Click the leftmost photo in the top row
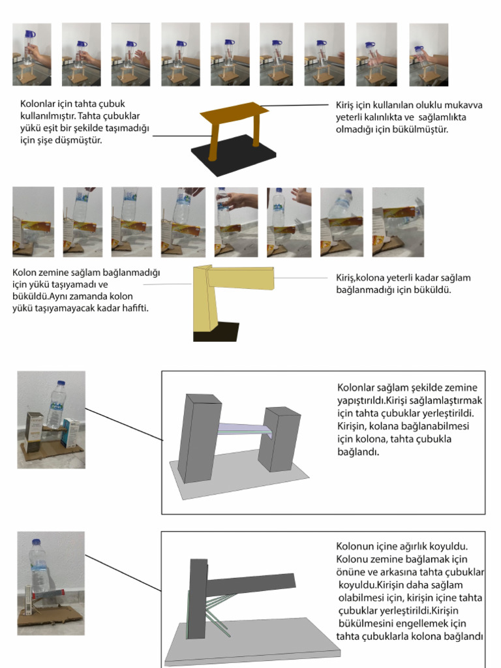(x=31, y=55)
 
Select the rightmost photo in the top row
(x=429, y=55)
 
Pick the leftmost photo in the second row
(x=33, y=222)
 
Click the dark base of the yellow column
(x=215, y=331)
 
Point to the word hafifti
(x=132, y=308)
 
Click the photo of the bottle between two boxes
(x=51, y=419)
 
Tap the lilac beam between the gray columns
(x=243, y=426)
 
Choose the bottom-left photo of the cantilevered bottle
(x=50, y=583)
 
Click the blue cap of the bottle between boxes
(x=61, y=384)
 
